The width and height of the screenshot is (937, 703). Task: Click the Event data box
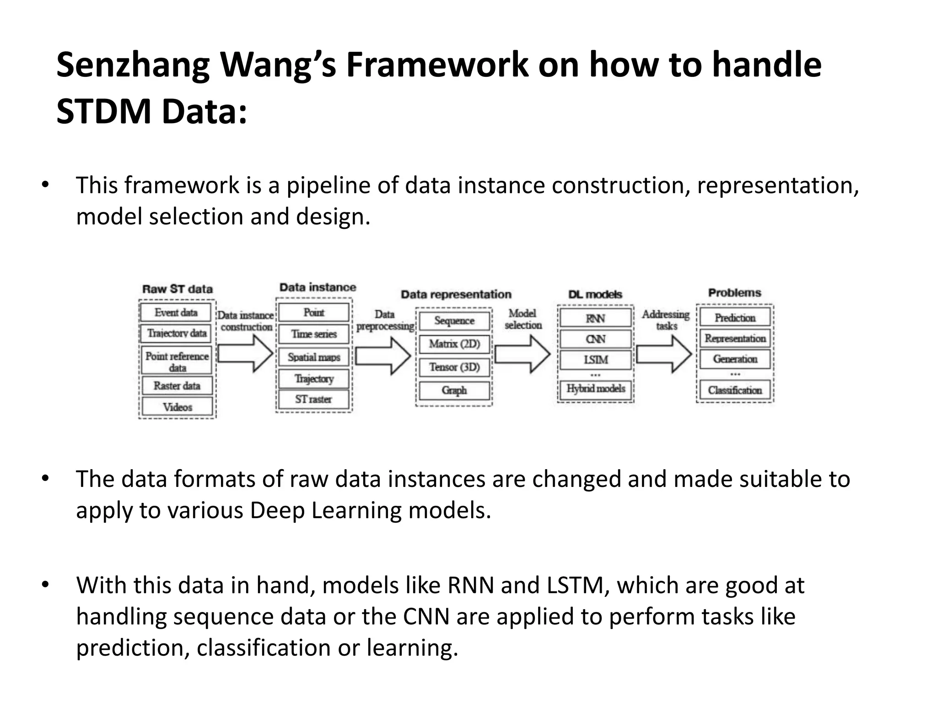point(176,313)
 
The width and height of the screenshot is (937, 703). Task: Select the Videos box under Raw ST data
point(177,406)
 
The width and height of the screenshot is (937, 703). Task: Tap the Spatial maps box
point(314,357)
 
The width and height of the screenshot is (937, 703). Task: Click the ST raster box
point(313,399)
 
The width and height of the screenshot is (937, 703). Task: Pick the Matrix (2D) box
point(454,344)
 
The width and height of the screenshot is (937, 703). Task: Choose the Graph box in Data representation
point(454,390)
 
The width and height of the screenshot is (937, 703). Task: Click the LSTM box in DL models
point(596,360)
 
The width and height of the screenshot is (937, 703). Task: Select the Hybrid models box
point(596,389)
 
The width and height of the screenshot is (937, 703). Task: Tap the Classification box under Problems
point(735,390)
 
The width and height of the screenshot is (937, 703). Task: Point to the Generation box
point(735,359)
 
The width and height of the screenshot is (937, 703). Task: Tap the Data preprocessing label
point(385,320)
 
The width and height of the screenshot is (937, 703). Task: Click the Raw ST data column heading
point(178,289)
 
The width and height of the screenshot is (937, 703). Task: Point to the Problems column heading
point(734,293)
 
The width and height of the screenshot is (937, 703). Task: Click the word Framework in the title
point(437,65)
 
